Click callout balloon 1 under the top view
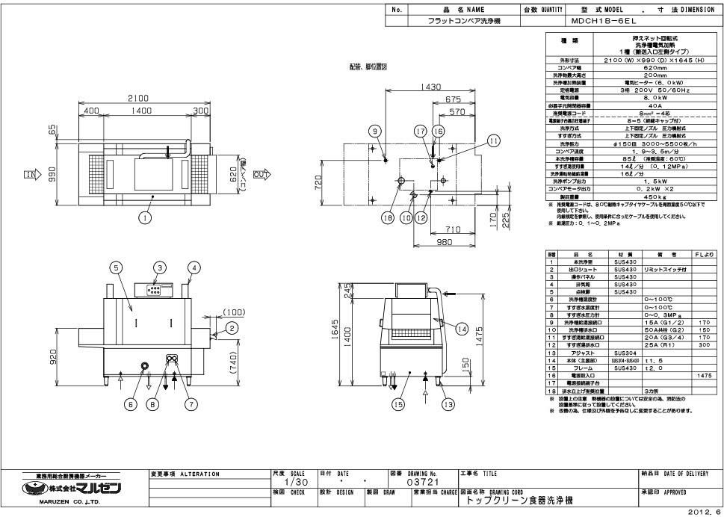[145, 217]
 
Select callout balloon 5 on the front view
[117, 267]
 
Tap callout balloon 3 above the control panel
[160, 267]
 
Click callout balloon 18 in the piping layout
[388, 218]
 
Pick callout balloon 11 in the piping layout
[492, 140]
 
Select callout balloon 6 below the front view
[132, 404]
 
